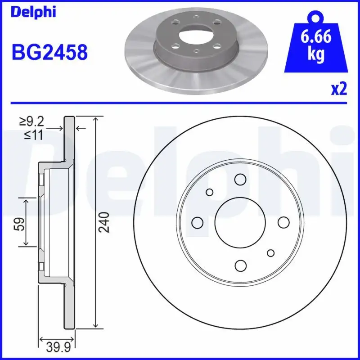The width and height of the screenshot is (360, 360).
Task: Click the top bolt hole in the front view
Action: (x=240, y=180)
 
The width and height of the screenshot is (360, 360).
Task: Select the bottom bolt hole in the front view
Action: (x=240, y=265)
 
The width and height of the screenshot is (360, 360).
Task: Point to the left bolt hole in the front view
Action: (x=197, y=222)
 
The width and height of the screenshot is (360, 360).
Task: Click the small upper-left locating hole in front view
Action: (x=209, y=192)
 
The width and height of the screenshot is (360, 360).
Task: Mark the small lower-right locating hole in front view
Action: (x=270, y=253)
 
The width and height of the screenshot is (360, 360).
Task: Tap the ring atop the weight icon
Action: (x=316, y=17)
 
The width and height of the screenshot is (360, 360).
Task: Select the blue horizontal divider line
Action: (x=180, y=103)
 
